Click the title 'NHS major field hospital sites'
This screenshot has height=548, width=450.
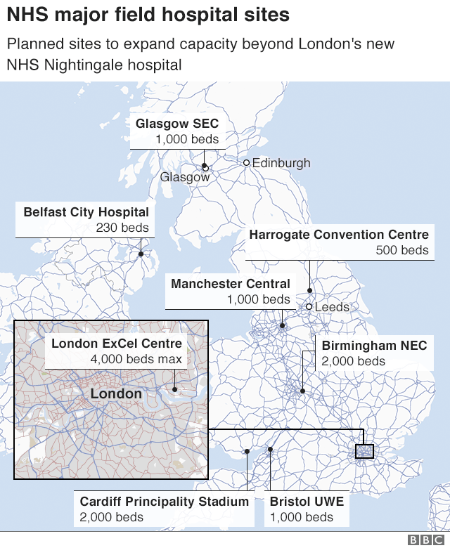pyautogui.click(x=148, y=15)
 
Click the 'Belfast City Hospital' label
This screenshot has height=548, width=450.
pyautogui.click(x=86, y=211)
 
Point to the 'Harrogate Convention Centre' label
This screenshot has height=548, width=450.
pyautogui.click(x=338, y=235)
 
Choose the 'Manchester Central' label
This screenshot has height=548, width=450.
pyautogui.click(x=230, y=284)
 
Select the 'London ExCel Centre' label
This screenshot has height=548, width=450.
pyautogui.click(x=117, y=344)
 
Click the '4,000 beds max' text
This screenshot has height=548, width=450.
pyautogui.click(x=136, y=359)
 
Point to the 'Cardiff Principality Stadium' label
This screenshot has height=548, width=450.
pyautogui.click(x=164, y=502)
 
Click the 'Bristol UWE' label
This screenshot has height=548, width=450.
pyautogui.click(x=307, y=502)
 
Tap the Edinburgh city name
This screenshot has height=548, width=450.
pyautogui.click(x=281, y=163)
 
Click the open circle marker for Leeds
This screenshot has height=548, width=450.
pyautogui.click(x=309, y=306)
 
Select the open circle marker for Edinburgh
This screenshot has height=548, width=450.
pyautogui.click(x=247, y=163)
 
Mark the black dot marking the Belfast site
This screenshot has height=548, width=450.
pyautogui.click(x=141, y=254)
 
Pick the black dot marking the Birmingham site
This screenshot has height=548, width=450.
pyautogui.click(x=302, y=391)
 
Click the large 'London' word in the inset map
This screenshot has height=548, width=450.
pyautogui.click(x=116, y=394)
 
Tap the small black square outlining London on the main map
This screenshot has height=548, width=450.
pyautogui.click(x=364, y=450)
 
